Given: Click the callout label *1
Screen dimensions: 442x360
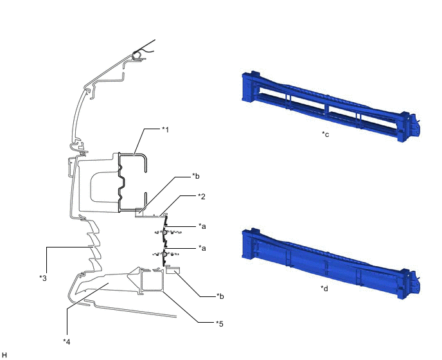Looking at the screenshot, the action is [165, 129].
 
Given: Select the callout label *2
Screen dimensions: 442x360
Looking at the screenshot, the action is [201, 196].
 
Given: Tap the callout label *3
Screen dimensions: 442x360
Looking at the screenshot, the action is [43, 278].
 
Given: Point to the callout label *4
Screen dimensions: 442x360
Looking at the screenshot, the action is [67, 341].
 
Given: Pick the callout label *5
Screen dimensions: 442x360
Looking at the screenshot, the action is [219, 324].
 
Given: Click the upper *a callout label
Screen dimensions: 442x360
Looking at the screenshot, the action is [202, 226].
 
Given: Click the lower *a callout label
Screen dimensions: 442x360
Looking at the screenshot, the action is [202, 248].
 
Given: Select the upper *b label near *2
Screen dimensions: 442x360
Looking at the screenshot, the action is [196, 176].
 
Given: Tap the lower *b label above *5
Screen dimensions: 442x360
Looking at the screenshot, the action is [220, 296].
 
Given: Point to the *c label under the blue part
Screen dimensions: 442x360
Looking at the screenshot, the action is [325, 134].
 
